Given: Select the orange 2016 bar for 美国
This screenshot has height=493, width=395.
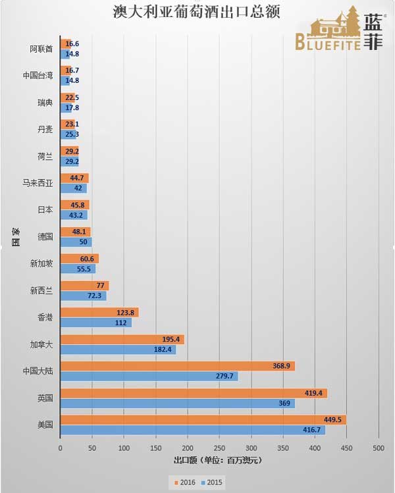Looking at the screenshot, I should click(197, 419).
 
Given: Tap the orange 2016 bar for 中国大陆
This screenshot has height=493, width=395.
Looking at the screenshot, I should click(171, 365).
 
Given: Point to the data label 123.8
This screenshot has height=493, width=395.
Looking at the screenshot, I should click(127, 312).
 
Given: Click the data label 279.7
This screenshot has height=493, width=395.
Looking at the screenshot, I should click(224, 376).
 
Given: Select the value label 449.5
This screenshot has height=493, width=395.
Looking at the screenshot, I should click(332, 419).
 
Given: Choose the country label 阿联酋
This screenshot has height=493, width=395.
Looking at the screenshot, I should click(41, 49).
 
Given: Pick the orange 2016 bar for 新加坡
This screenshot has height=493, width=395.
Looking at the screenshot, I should click(79, 258).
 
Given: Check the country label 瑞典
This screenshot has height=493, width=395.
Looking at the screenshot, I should click(45, 103).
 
